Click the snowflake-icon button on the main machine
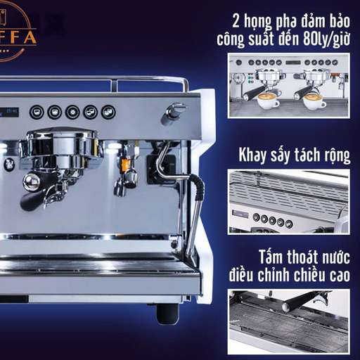[72, 112]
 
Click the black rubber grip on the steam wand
[198, 188]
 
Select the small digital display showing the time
[9, 112]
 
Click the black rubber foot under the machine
[167, 314]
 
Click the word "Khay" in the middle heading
[253, 155]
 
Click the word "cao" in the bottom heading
[340, 275]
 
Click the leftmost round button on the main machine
[37, 112]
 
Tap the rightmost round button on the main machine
[108, 112]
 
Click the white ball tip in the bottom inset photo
[286, 307]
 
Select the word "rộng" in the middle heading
[337, 155]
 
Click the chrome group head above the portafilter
[61, 146]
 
